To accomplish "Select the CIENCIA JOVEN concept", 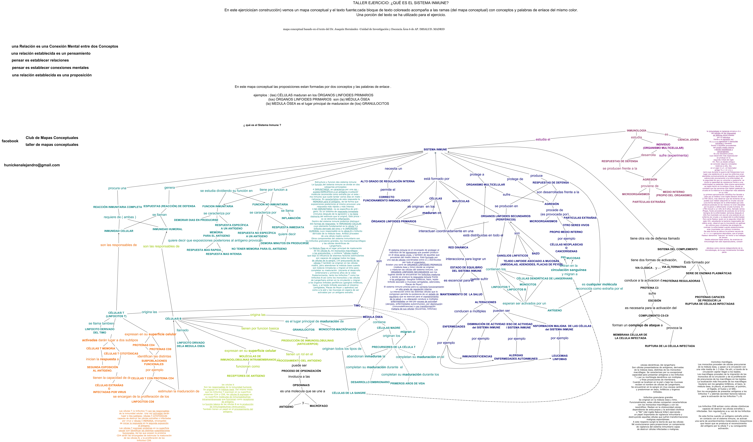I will [688, 140].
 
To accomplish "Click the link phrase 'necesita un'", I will [393, 169].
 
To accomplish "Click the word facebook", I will [10, 141].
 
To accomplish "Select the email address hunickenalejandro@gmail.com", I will [32, 165].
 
